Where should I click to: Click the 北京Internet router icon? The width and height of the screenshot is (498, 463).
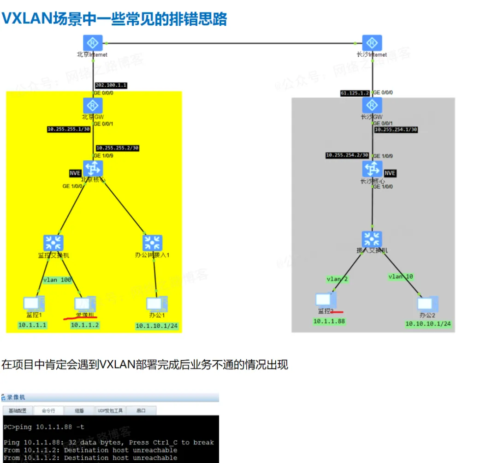coord(93,43)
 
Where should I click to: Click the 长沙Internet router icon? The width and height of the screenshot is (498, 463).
coord(372,43)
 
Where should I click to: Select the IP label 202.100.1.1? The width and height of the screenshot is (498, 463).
coord(111,85)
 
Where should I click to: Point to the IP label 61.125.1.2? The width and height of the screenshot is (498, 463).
coord(355,93)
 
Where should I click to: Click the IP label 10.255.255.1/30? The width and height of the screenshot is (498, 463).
coord(68,129)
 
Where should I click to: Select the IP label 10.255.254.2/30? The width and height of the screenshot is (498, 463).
coord(347,155)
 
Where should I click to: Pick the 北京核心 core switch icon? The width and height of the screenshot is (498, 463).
coord(93,169)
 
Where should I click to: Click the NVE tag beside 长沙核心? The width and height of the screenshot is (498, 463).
coord(390,173)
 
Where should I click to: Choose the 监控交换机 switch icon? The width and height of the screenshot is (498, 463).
coord(53,243)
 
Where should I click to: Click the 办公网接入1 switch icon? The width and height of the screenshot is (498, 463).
coord(153,243)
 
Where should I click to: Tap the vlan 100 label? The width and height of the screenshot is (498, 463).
coord(57,280)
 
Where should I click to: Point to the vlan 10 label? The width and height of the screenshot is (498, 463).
coord(401,277)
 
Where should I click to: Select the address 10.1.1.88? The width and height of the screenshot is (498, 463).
coord(329,321)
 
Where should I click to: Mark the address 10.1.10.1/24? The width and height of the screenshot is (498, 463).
coord(156,326)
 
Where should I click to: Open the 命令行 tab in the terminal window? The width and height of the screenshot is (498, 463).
coord(48,410)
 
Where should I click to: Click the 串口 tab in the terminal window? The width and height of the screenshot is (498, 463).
coord(141,410)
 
